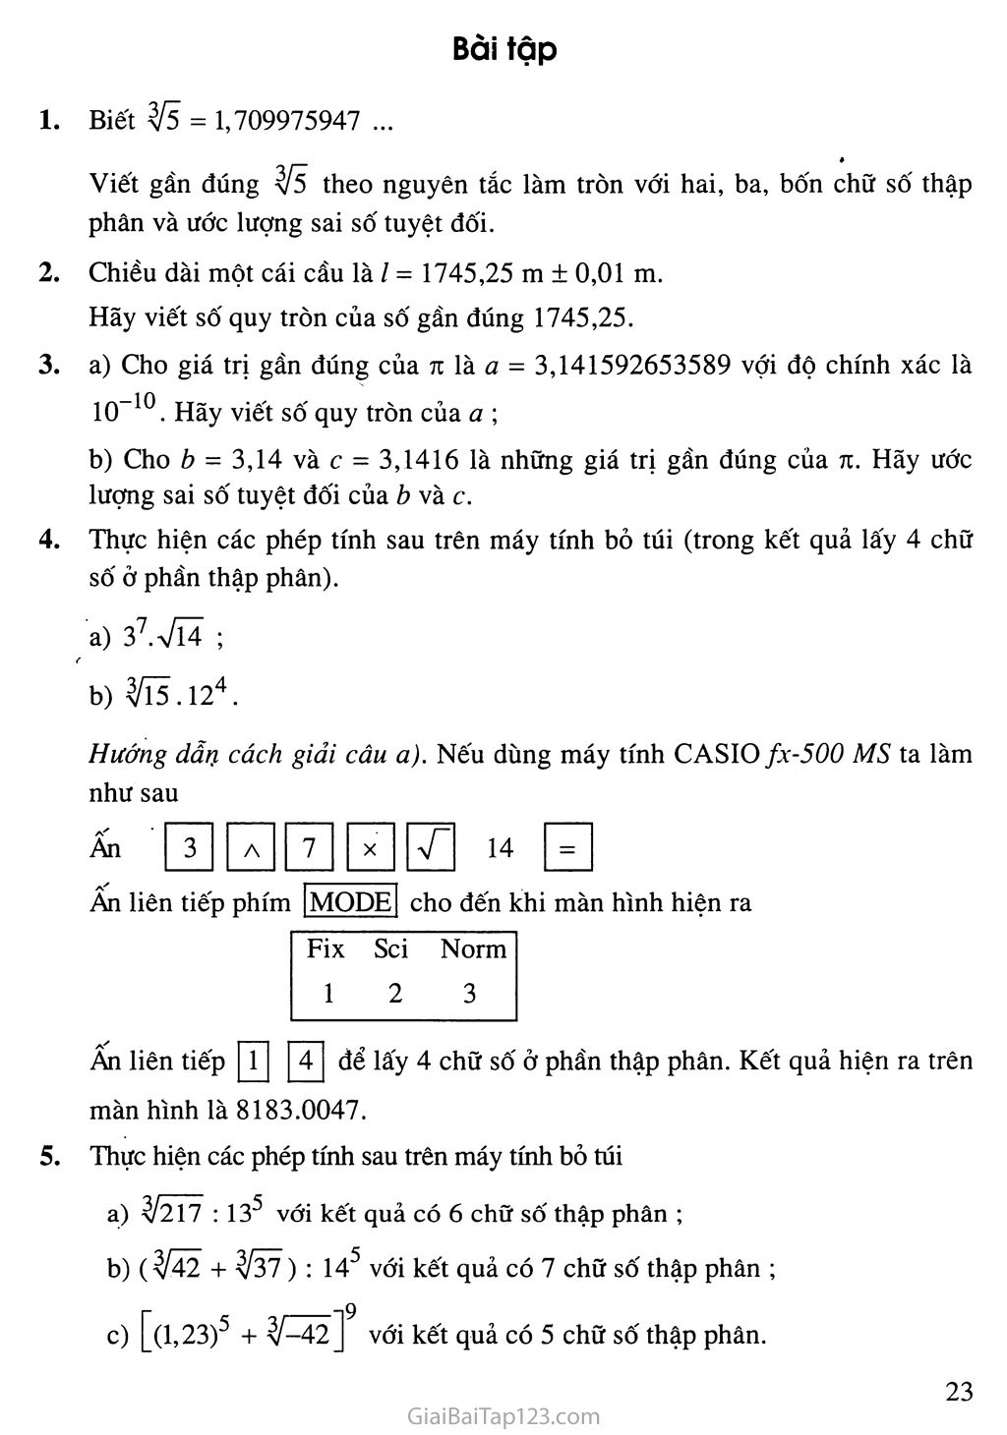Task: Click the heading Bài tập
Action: [504, 48]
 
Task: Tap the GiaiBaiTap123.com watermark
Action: [503, 1416]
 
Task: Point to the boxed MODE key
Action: [351, 901]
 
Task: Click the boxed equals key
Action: [567, 847]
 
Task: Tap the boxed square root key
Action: [430, 847]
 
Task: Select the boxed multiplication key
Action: [370, 847]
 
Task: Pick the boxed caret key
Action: [251, 847]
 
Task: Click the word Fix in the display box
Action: [326, 949]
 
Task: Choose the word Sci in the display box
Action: [391, 949]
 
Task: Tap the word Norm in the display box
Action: [473, 949]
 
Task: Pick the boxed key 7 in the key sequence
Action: [309, 847]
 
